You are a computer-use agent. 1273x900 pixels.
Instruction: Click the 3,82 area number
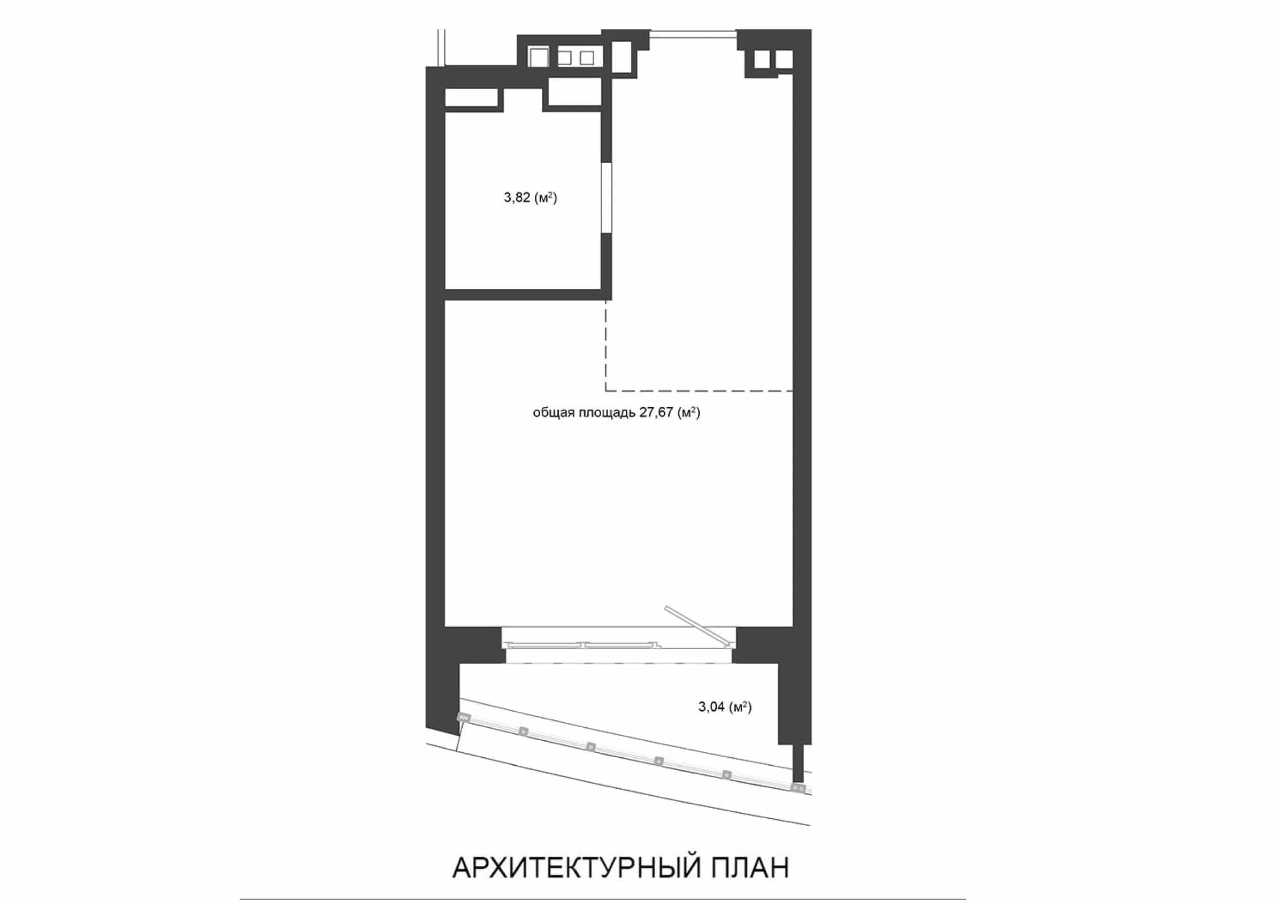[x=517, y=197]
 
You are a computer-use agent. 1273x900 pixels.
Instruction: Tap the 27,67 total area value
[x=656, y=412]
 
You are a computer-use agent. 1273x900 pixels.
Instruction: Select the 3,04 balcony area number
[x=711, y=706]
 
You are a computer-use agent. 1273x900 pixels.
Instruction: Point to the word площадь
[x=607, y=413]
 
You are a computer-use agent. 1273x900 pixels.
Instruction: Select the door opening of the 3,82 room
[x=608, y=197]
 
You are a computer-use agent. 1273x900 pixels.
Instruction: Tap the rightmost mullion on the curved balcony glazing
[x=798, y=788]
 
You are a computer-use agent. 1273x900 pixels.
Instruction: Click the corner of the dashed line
[x=605, y=391]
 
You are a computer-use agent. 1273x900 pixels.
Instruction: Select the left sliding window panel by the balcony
[x=546, y=644]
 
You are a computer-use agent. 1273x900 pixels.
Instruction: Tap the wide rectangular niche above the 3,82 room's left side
[x=472, y=97]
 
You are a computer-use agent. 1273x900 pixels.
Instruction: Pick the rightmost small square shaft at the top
[x=784, y=59]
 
